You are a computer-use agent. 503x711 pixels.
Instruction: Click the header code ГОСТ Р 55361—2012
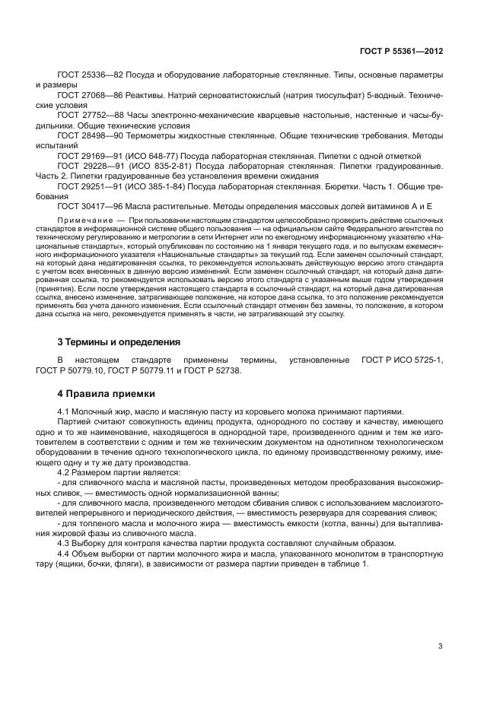pyautogui.click(x=401, y=52)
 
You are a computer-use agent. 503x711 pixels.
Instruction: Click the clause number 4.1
pyautogui.click(x=64, y=411)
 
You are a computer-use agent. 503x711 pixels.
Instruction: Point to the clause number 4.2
pyautogui.click(x=64, y=471)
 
